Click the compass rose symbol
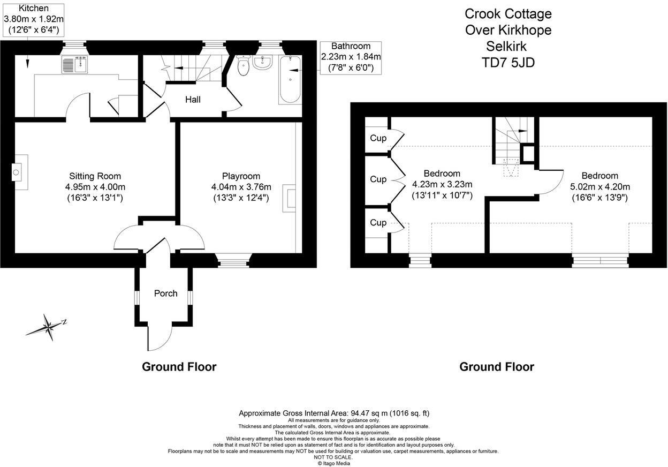point(48,326)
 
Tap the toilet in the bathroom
point(244,66)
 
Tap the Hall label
point(193,100)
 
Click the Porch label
point(165,293)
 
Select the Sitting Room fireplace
point(20,172)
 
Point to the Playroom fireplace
point(290,197)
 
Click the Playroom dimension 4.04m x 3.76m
point(241,187)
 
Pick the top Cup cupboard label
point(378,138)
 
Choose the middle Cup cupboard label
point(378,179)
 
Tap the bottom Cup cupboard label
point(378,223)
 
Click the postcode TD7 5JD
point(507,63)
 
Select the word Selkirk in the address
point(507,46)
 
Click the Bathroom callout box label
point(351,57)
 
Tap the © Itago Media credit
point(333,463)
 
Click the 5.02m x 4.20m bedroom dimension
point(599,187)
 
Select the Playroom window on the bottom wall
point(233,262)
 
